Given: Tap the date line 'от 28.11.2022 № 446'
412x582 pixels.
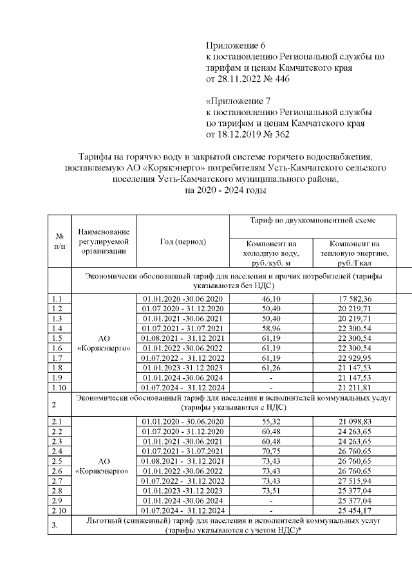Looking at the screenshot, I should (x=247, y=79).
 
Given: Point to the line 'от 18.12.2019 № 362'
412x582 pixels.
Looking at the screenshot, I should (x=247, y=134).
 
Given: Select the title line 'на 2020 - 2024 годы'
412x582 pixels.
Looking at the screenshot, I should (x=224, y=191).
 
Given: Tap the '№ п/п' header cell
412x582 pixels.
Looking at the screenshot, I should (x=59, y=242).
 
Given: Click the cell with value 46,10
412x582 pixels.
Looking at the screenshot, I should (x=270, y=299).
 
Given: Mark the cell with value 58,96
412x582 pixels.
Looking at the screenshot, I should (x=270, y=329).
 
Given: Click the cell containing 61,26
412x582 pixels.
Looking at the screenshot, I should (x=270, y=368).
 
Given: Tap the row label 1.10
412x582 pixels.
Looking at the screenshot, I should (x=58, y=388).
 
